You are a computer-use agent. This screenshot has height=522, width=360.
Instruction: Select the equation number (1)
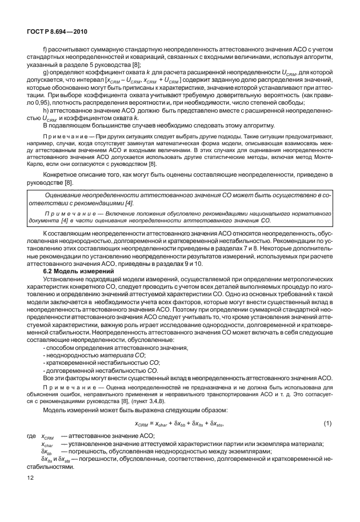tap(327, 424)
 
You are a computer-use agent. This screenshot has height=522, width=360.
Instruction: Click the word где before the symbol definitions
tap(31, 436)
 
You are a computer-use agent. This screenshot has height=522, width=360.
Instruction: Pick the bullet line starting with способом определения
tap(115, 348)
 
